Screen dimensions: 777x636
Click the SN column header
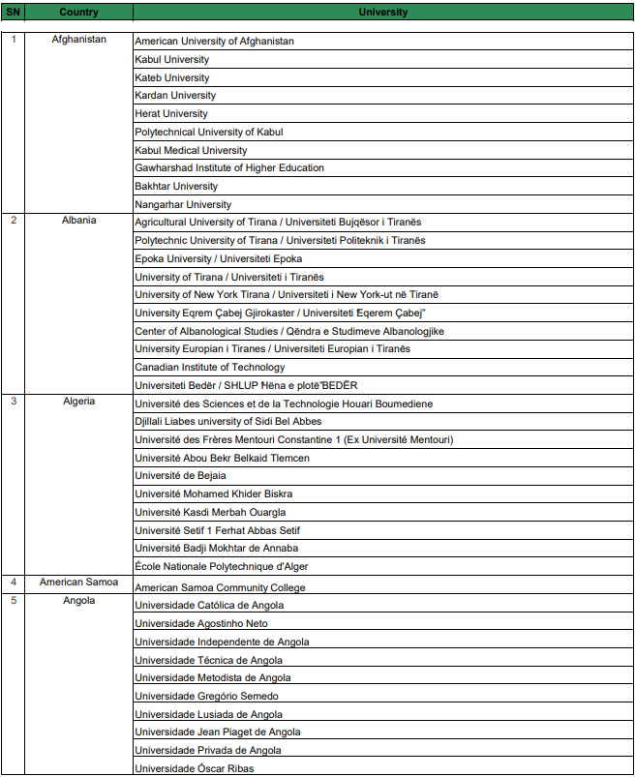coord(13,13)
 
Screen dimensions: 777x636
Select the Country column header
coord(78,13)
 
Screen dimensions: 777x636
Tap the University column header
coord(382,13)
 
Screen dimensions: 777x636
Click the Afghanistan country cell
coord(78,40)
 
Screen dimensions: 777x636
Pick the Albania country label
coord(78,220)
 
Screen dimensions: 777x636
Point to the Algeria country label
coord(78,401)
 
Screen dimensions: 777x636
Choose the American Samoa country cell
coord(78,582)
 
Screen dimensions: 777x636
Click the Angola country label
coord(78,600)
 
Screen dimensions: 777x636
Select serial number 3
coord(14,401)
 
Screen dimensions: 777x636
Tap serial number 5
coord(14,600)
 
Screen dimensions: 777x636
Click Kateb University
coord(172,77)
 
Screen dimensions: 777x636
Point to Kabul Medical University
coord(191,150)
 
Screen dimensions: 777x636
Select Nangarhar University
coord(183,204)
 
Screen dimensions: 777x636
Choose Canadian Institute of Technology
coord(210,367)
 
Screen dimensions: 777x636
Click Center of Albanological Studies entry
coord(289,331)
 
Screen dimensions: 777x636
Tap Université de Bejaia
coord(181,475)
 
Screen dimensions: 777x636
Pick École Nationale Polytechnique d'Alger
coord(222,566)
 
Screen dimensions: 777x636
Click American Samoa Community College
coord(220,587)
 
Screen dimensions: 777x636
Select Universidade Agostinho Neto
coord(201,623)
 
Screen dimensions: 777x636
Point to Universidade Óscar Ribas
coord(194,768)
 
